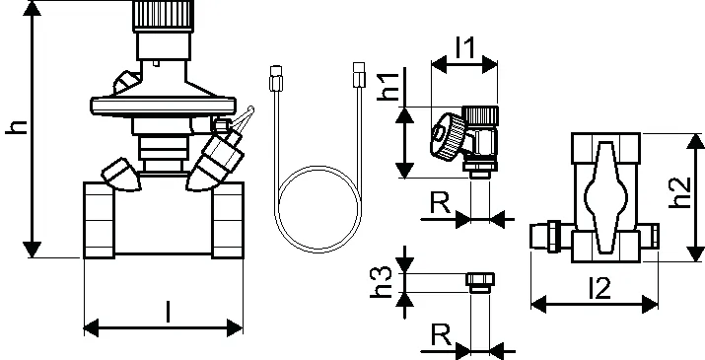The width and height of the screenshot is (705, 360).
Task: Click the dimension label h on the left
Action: pyautogui.click(x=16, y=127)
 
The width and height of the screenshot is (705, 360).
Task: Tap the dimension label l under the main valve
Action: pyautogui.click(x=169, y=312)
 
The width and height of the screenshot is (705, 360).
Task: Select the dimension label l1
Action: pyautogui.click(x=464, y=48)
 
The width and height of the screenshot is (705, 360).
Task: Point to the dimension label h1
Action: pyautogui.click(x=388, y=87)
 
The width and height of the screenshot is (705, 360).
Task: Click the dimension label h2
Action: pyautogui.click(x=679, y=192)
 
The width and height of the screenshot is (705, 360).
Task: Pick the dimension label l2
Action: pyautogui.click(x=599, y=288)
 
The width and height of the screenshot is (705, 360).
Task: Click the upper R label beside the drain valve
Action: pyautogui.click(x=440, y=203)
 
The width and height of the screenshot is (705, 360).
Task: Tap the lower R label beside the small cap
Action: pyautogui.click(x=441, y=334)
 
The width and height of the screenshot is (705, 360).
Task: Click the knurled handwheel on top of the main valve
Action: pyautogui.click(x=164, y=16)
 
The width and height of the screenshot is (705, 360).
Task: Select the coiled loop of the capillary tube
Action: pyautogui.click(x=319, y=209)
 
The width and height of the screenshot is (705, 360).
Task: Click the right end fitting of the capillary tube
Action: pyautogui.click(x=359, y=74)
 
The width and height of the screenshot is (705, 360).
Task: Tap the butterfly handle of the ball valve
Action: pyautogui.click(x=605, y=197)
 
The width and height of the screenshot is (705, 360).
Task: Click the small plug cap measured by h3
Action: pyautogui.click(x=480, y=283)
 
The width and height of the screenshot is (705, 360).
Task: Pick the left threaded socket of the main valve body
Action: pyautogui.click(x=99, y=220)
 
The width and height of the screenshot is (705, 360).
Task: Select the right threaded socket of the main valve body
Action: pyautogui.click(x=228, y=220)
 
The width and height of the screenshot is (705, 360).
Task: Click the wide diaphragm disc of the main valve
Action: pyautogui.click(x=164, y=106)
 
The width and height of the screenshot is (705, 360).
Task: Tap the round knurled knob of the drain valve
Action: pyautogui.click(x=448, y=136)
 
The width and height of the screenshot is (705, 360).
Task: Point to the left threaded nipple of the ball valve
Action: pyautogui.click(x=544, y=234)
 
